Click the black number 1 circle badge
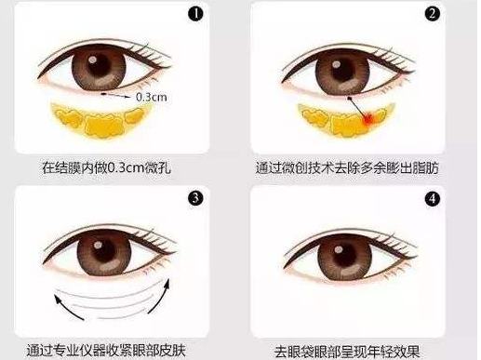click(195, 14)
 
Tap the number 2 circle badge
click(432, 14)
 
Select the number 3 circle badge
click(195, 198)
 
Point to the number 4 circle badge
click(432, 199)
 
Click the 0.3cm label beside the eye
click(152, 97)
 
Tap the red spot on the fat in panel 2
click(368, 119)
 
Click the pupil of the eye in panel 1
click(99, 67)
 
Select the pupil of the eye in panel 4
click(343, 255)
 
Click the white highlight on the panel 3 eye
click(98, 246)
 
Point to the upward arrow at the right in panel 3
click(160, 296)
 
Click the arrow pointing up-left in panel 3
click(67, 308)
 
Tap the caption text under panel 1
click(106, 167)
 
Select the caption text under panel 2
click(347, 167)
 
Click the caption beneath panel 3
click(106, 351)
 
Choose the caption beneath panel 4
click(347, 352)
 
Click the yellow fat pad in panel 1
click(100, 119)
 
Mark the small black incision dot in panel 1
click(103, 93)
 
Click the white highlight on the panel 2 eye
click(336, 65)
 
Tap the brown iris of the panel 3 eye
click(104, 253)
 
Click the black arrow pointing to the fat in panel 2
click(357, 107)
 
